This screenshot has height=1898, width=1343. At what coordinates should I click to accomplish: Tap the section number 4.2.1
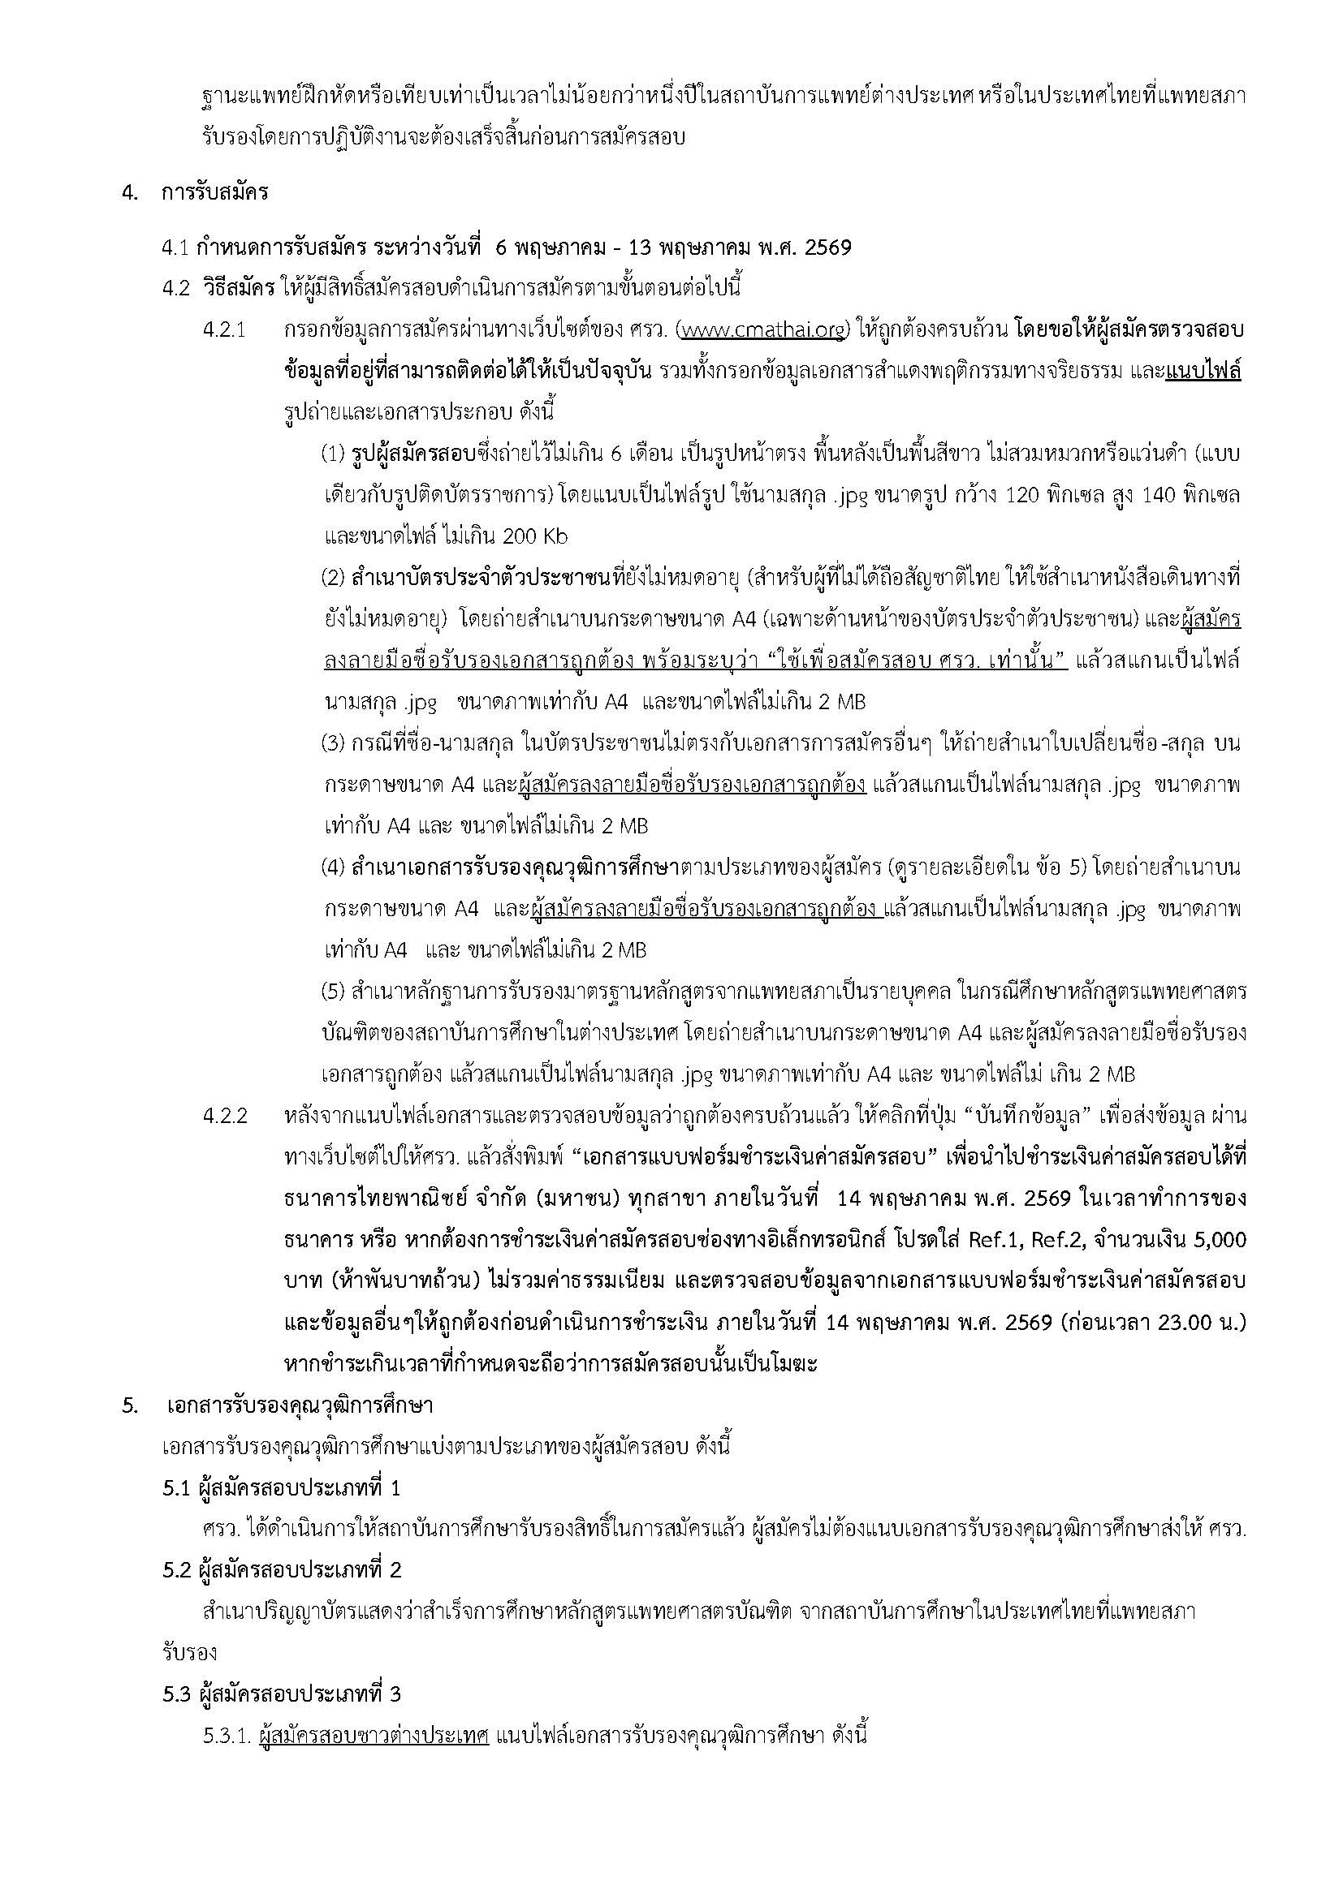tap(225, 330)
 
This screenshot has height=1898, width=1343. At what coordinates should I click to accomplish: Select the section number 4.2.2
tap(225, 1115)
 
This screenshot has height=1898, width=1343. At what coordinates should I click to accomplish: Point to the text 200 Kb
tap(535, 536)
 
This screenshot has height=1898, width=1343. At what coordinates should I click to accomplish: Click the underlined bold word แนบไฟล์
tap(1203, 372)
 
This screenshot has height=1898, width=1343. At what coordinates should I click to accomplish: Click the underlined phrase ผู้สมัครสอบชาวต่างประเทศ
tap(374, 1733)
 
